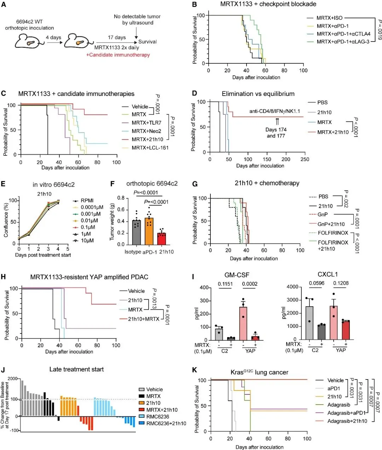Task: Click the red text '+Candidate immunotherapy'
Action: tap(118, 55)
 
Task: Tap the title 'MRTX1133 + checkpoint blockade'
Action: tap(268, 4)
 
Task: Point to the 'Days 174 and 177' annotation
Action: tap(276, 132)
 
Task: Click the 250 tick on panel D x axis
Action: tap(305, 159)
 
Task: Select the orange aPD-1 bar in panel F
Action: tap(149, 231)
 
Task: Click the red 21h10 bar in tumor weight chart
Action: tap(162, 239)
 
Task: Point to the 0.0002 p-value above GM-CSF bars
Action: tap(249, 284)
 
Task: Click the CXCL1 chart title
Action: tap(328, 274)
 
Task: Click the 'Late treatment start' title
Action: tap(76, 369)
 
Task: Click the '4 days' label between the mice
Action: tap(53, 38)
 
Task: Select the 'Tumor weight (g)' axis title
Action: tap(112, 221)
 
